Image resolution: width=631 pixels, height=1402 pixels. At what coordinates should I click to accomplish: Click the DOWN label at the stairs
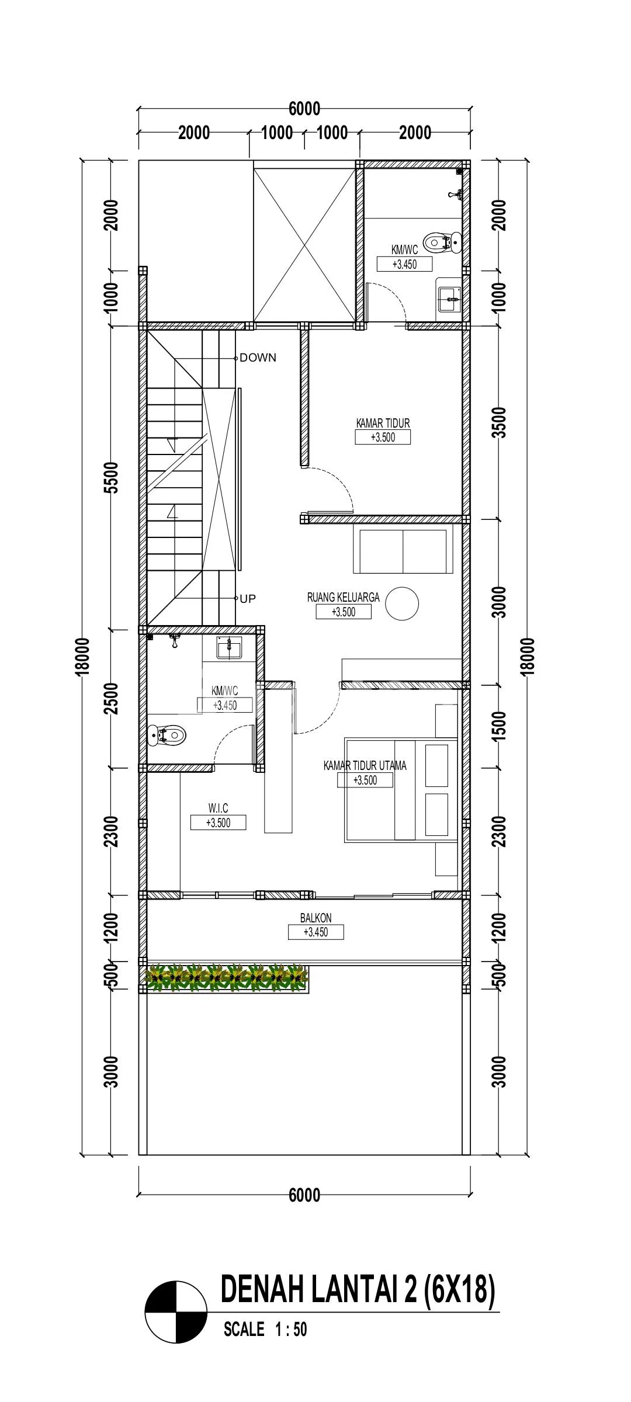(258, 358)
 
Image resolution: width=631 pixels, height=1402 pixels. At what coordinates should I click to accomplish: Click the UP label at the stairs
(248, 599)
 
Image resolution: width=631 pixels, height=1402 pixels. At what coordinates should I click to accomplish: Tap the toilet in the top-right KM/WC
(442, 242)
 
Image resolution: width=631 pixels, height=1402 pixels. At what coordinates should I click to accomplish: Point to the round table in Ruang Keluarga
(403, 603)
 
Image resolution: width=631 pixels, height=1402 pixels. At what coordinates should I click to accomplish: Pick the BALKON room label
(315, 918)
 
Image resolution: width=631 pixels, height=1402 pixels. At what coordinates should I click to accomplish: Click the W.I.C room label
(218, 808)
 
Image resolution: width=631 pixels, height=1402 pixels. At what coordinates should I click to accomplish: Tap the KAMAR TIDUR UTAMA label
(365, 765)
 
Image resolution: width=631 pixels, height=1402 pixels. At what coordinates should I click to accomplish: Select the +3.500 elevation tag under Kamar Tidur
(383, 437)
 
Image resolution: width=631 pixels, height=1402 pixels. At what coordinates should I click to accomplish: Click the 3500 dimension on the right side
(500, 422)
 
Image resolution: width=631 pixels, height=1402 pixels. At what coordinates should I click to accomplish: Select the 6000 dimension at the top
(304, 109)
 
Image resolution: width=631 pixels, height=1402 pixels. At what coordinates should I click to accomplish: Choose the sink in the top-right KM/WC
(449, 299)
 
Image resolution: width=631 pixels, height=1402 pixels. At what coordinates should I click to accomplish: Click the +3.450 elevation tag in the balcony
(315, 932)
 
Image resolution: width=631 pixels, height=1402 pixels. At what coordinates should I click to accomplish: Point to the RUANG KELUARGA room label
(344, 597)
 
